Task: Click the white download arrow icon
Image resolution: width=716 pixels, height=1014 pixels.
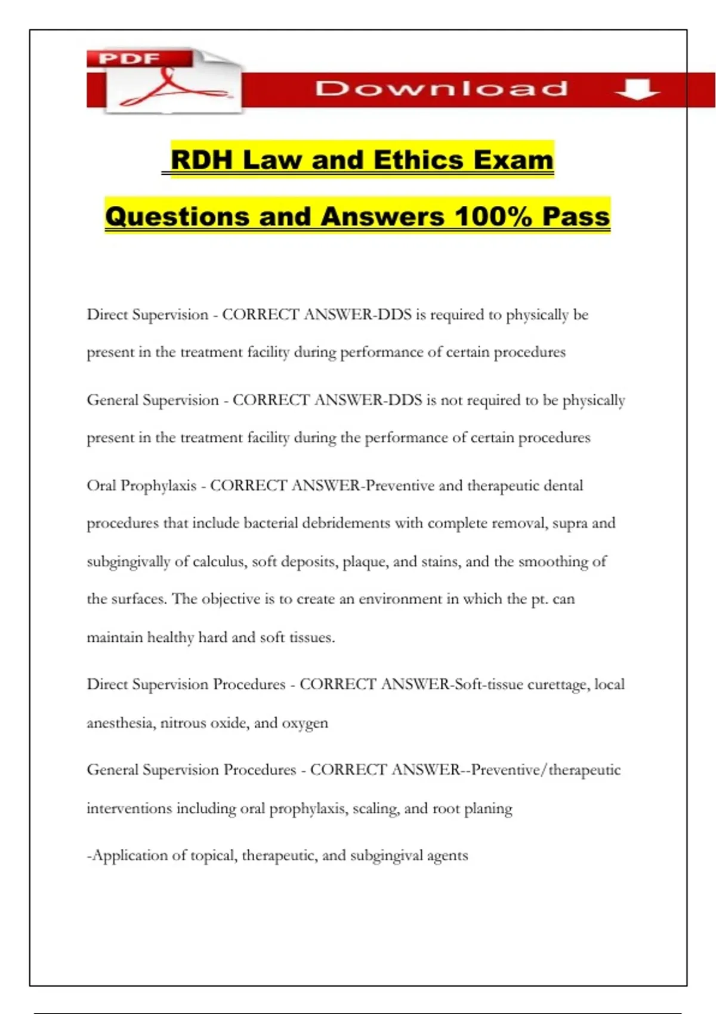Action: pyautogui.click(x=636, y=89)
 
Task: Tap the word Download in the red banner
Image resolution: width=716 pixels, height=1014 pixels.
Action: pyautogui.click(x=441, y=89)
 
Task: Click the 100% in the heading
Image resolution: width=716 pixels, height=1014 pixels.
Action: pyautogui.click(x=493, y=216)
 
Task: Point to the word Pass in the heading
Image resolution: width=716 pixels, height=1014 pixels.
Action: pyautogui.click(x=576, y=216)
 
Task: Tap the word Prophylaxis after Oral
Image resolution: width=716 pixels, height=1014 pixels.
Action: pyautogui.click(x=158, y=486)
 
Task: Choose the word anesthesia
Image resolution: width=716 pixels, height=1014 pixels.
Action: pyautogui.click(x=121, y=723)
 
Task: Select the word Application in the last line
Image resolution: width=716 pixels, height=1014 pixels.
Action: pyautogui.click(x=129, y=856)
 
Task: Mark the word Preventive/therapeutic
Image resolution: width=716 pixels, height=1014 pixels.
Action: pyautogui.click(x=545, y=770)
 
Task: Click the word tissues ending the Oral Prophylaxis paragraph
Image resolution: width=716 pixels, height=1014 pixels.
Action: pyautogui.click(x=311, y=638)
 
